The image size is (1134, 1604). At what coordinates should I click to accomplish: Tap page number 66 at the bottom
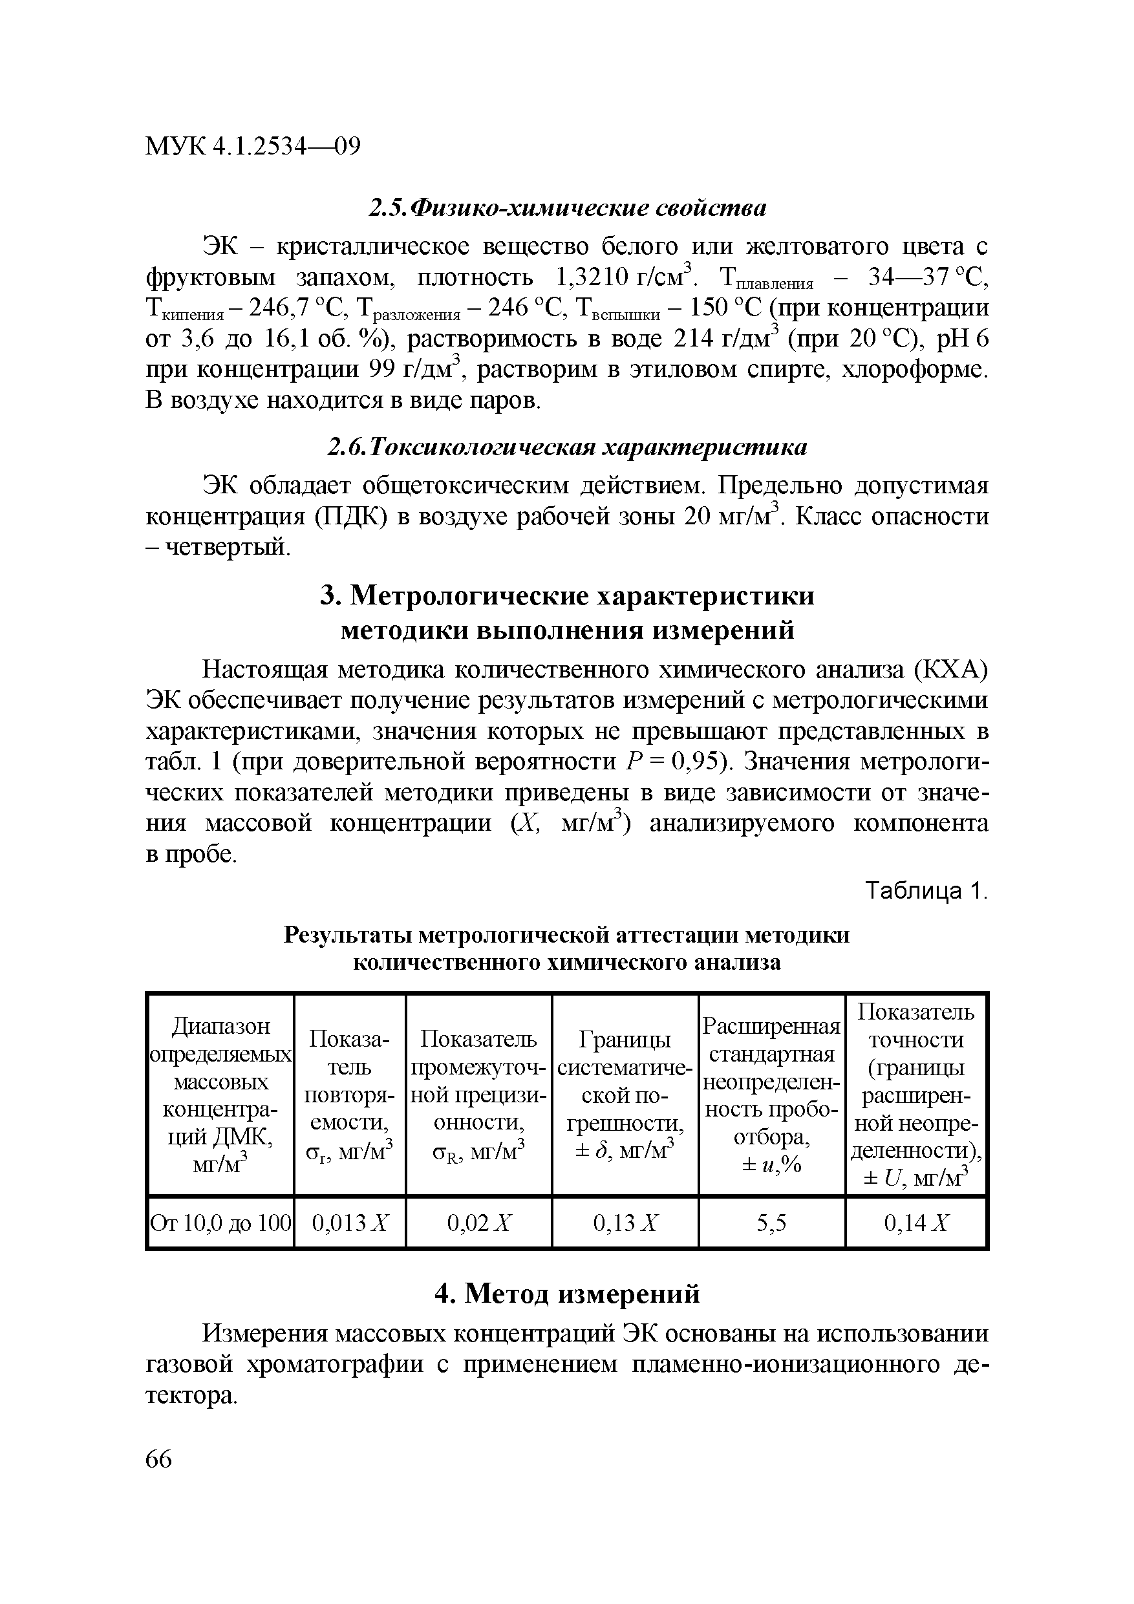(x=158, y=1459)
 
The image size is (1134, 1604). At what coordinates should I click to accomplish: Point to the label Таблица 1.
(x=926, y=892)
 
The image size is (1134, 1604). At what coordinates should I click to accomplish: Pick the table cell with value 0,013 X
(x=349, y=1223)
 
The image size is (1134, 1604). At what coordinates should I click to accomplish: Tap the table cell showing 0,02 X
(x=479, y=1223)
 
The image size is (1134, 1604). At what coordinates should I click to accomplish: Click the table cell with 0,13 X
(x=625, y=1223)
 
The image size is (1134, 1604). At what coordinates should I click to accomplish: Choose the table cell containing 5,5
(x=771, y=1223)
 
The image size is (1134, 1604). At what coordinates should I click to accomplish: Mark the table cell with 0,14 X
(x=916, y=1223)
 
